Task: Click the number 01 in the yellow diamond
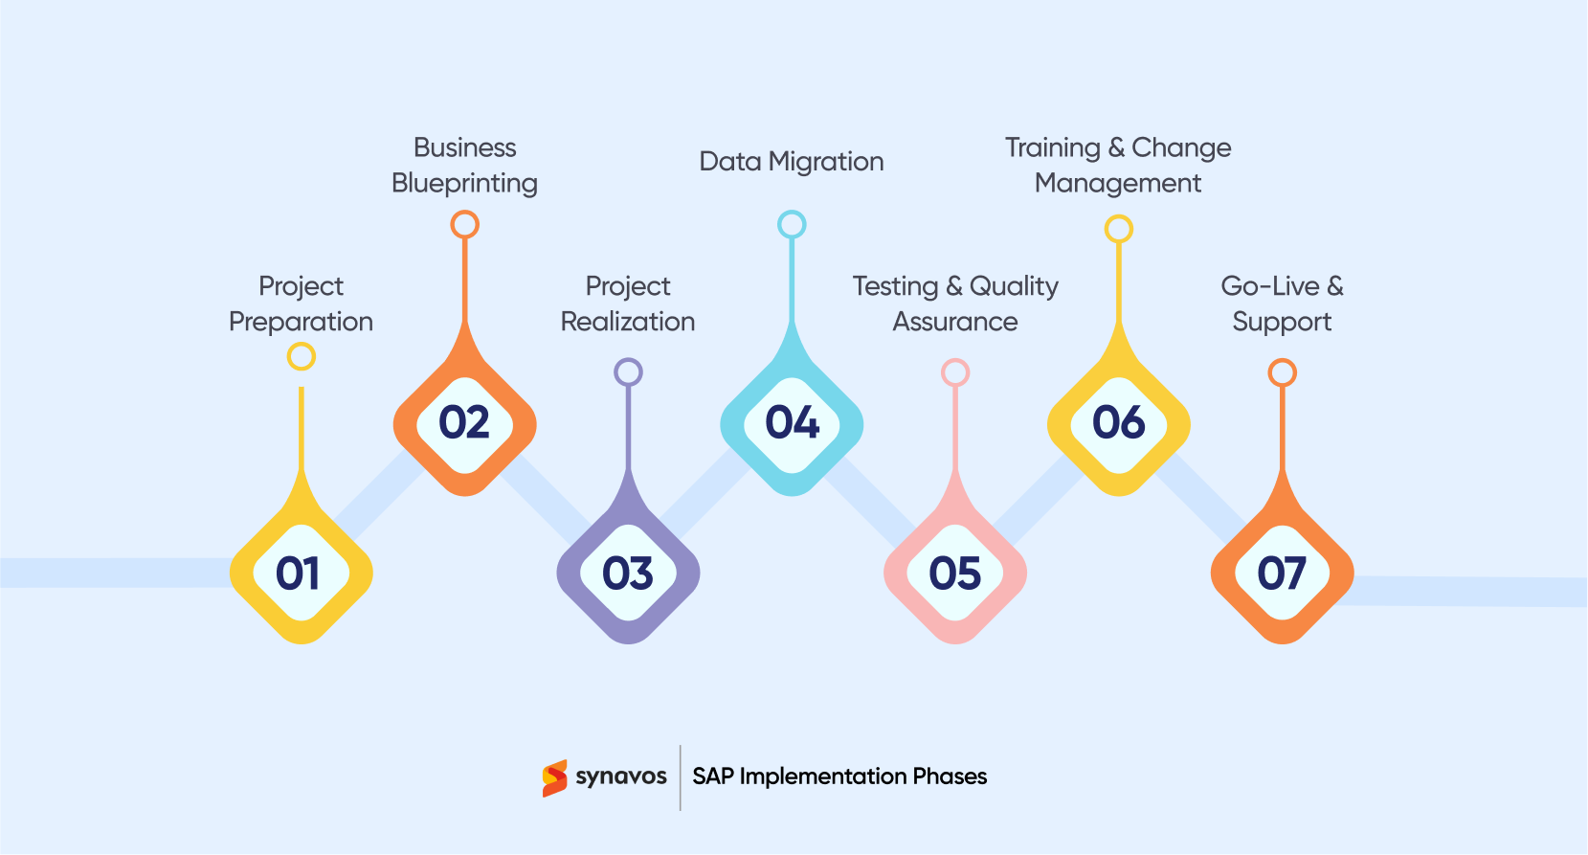[x=298, y=574]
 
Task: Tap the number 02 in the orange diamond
[x=464, y=423]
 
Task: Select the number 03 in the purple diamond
[x=628, y=574]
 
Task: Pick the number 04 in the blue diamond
[x=793, y=423]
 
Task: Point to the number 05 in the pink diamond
[x=955, y=574]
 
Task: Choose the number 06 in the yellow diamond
[x=1119, y=423]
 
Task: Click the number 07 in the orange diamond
[x=1282, y=574]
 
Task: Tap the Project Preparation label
[x=301, y=304]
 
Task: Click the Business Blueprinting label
[x=465, y=165]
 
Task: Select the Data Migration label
[x=792, y=161]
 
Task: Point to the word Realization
[x=628, y=322]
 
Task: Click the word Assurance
[x=955, y=322]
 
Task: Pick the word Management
[x=1118, y=183]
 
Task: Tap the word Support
[x=1282, y=322]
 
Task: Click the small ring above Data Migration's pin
[x=792, y=224]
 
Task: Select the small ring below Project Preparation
[x=302, y=356]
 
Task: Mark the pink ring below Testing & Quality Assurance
[x=955, y=371]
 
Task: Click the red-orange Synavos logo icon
[x=554, y=777]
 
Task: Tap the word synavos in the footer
[x=621, y=776]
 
